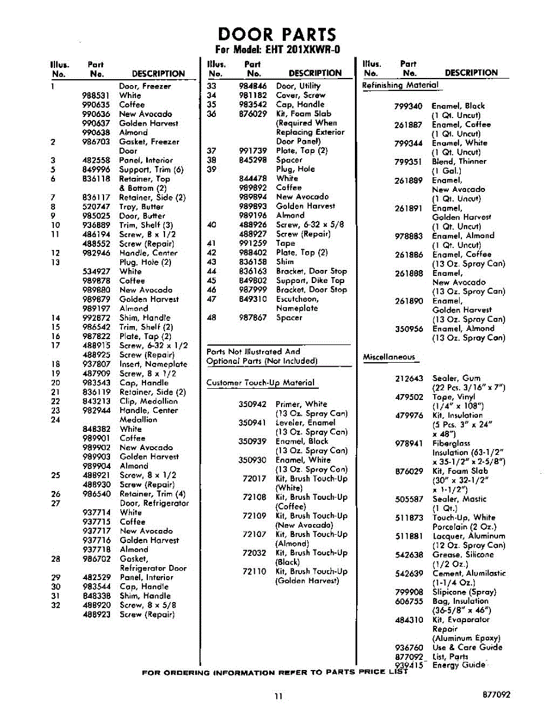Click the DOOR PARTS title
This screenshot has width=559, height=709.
click(x=277, y=34)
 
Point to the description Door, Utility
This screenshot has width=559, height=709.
click(x=298, y=86)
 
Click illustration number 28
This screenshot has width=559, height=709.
click(x=56, y=559)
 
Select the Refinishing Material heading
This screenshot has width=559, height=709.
click(x=400, y=85)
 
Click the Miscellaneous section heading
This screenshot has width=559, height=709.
click(x=389, y=357)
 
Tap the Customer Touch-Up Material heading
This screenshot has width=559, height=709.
click(x=260, y=383)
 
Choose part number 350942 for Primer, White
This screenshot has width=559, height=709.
click(x=253, y=404)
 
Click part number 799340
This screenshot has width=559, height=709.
click(x=409, y=106)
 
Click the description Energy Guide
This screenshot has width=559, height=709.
click(x=459, y=665)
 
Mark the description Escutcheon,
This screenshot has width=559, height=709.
click(x=297, y=299)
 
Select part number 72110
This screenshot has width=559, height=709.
click(x=254, y=571)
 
